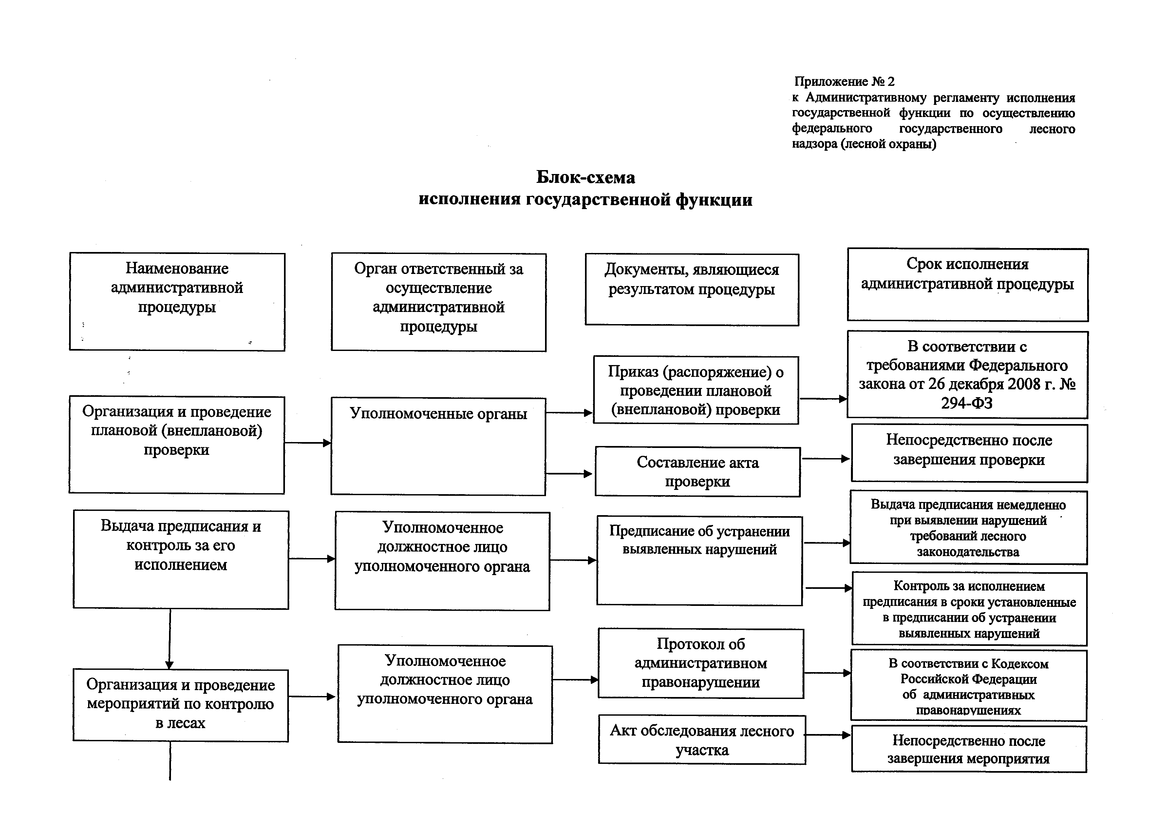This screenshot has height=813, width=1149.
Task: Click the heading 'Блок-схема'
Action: coord(586,177)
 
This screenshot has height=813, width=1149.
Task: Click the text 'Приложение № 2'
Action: coord(844,81)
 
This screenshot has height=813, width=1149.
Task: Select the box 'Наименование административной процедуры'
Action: coord(177,301)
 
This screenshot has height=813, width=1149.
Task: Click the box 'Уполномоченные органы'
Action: coord(438,447)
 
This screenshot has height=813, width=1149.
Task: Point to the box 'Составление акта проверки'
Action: coord(698,472)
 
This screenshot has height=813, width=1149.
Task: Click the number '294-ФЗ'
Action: coord(967,403)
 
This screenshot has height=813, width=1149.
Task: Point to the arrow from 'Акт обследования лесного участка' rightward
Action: coord(828,735)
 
